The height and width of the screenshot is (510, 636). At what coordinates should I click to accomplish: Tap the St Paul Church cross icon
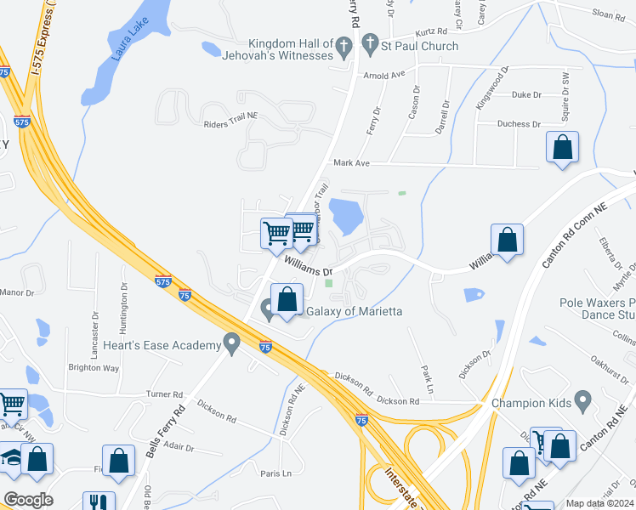(x=370, y=43)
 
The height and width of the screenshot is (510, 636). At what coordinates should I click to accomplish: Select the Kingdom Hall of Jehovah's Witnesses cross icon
(x=344, y=48)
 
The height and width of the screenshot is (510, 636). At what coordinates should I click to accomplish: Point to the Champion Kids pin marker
(x=582, y=399)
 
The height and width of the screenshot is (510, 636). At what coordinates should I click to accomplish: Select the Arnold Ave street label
(x=383, y=75)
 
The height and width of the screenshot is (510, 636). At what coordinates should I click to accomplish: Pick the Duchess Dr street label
(x=519, y=123)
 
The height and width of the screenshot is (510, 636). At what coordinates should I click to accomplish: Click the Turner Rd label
(x=165, y=394)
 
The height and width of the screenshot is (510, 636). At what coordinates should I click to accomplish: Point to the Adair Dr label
(x=178, y=447)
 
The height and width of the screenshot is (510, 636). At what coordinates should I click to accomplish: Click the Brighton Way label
(x=94, y=368)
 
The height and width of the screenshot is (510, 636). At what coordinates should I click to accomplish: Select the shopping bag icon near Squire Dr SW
(x=563, y=148)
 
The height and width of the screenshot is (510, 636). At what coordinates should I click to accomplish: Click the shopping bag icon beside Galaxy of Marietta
(x=287, y=300)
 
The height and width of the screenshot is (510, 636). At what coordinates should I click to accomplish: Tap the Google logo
(x=28, y=500)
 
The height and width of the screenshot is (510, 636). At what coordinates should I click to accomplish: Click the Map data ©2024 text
(x=599, y=503)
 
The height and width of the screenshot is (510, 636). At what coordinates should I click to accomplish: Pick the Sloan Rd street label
(x=609, y=14)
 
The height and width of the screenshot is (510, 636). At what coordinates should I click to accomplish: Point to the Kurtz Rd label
(x=430, y=31)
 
